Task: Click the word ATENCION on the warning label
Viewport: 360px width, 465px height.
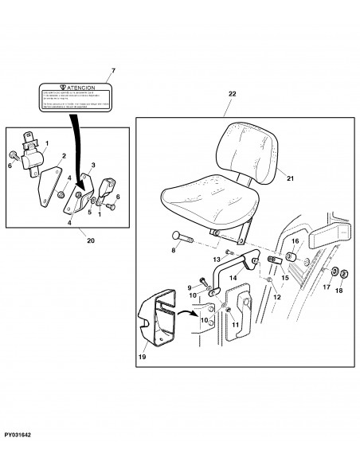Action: tap(83, 88)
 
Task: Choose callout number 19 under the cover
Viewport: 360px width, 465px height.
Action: tap(141, 358)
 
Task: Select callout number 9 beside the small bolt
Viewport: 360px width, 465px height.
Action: tap(190, 287)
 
